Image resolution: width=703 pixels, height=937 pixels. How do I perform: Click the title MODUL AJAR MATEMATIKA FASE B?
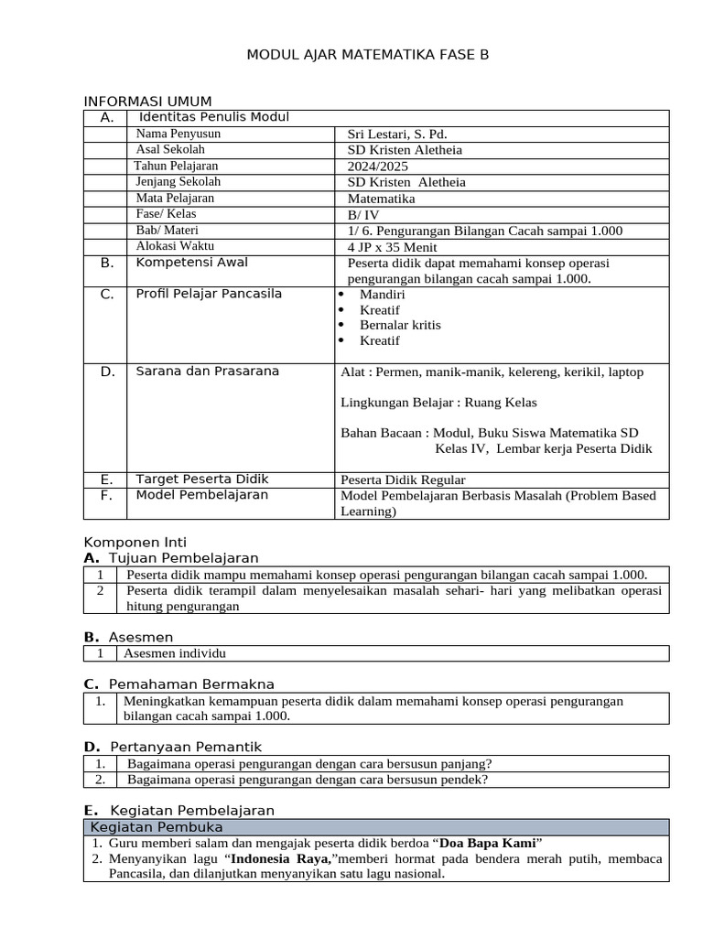(x=368, y=55)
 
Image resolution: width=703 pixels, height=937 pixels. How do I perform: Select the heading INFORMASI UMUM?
(x=148, y=101)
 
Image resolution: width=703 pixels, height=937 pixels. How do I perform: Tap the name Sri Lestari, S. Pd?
(x=397, y=134)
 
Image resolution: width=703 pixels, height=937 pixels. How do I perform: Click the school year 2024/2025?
(x=378, y=167)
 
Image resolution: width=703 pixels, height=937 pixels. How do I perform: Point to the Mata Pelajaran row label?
(x=175, y=198)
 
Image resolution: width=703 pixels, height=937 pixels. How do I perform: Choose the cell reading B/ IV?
(x=363, y=214)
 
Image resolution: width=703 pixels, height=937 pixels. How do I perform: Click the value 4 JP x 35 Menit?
(x=393, y=247)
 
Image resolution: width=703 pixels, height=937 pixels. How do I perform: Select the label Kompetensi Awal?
(x=191, y=263)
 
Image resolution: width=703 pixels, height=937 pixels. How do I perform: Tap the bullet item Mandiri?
(x=383, y=295)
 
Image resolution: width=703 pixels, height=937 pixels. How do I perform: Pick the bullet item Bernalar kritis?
(x=400, y=325)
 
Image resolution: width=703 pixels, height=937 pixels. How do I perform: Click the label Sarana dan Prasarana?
(x=208, y=372)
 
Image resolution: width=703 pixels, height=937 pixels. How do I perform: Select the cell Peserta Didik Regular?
(x=404, y=479)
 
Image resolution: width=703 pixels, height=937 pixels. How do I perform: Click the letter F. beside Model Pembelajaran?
(x=107, y=495)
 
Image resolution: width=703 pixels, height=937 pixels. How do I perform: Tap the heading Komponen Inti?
(x=135, y=543)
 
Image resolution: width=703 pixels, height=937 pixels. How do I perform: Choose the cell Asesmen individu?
(x=174, y=653)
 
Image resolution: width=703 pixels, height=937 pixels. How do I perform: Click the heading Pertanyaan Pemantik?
(x=186, y=748)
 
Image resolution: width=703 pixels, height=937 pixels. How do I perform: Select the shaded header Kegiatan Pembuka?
(x=157, y=827)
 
